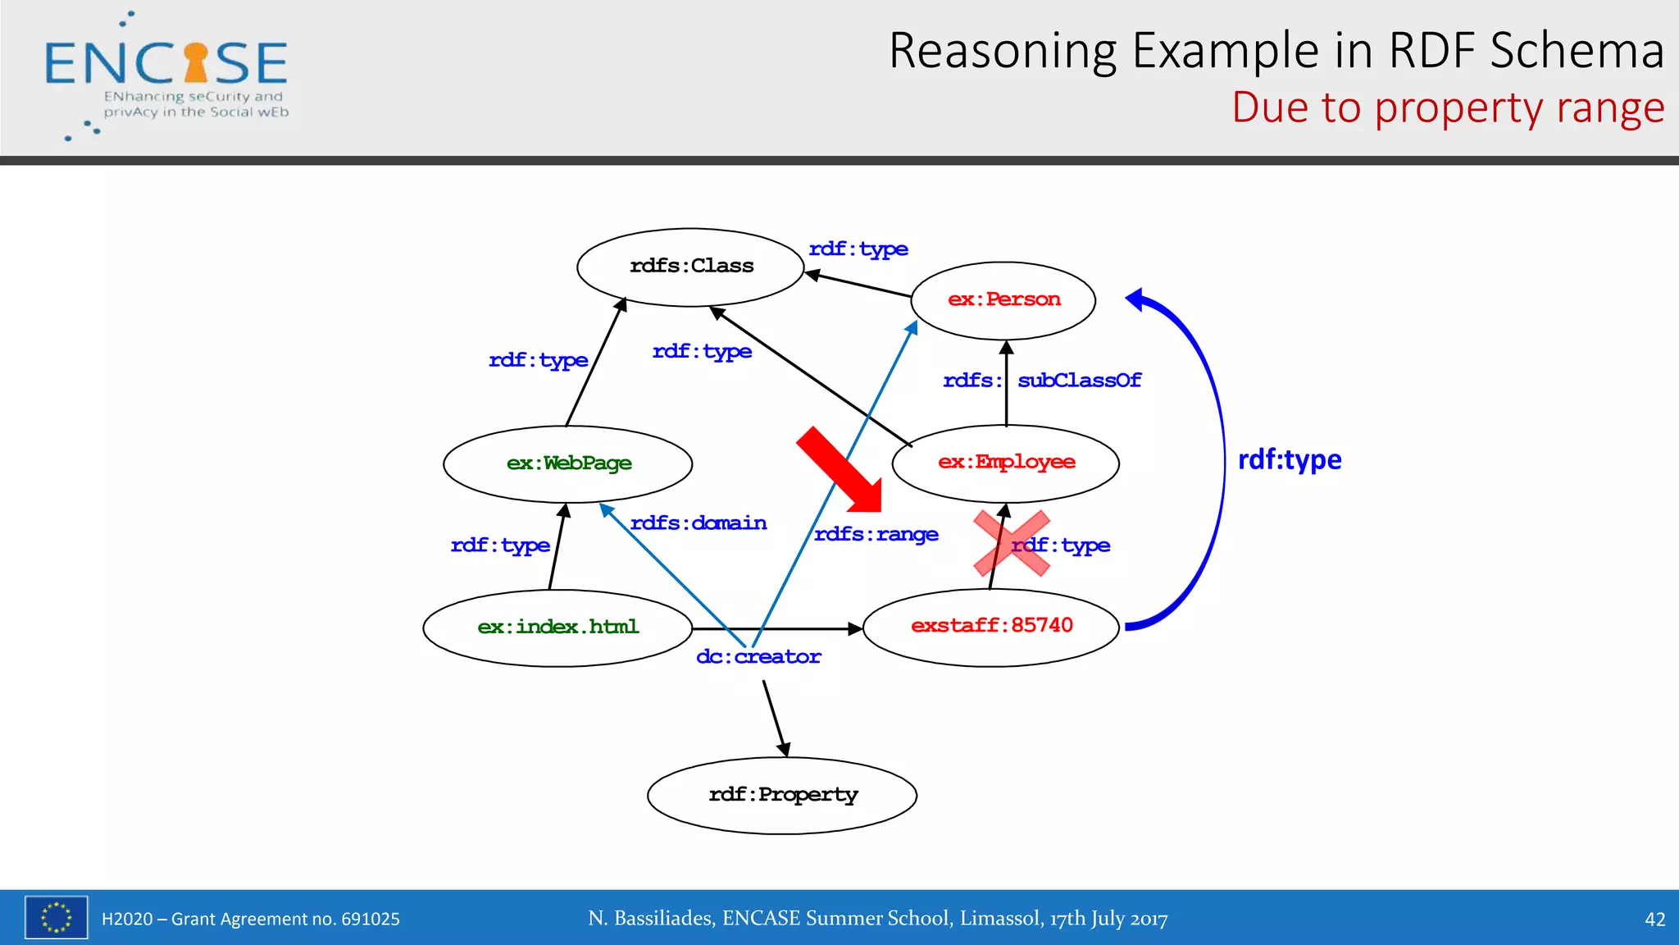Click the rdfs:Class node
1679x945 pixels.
690,267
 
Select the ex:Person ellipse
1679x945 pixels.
1003,300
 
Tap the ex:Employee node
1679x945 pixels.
1006,463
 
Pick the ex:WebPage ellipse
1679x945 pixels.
568,463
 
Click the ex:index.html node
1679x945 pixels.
557,628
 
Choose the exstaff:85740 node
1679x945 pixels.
991,627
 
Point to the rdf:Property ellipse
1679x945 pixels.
782,795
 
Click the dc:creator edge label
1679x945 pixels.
758,657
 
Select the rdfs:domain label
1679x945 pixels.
698,523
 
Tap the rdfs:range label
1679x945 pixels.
876,535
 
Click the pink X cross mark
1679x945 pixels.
1011,543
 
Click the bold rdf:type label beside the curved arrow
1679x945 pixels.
1289,460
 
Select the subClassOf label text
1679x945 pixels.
1079,381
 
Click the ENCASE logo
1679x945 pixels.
166,74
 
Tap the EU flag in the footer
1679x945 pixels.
56,917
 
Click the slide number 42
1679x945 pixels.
1654,920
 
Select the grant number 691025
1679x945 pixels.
370,920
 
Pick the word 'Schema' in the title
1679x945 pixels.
1577,51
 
